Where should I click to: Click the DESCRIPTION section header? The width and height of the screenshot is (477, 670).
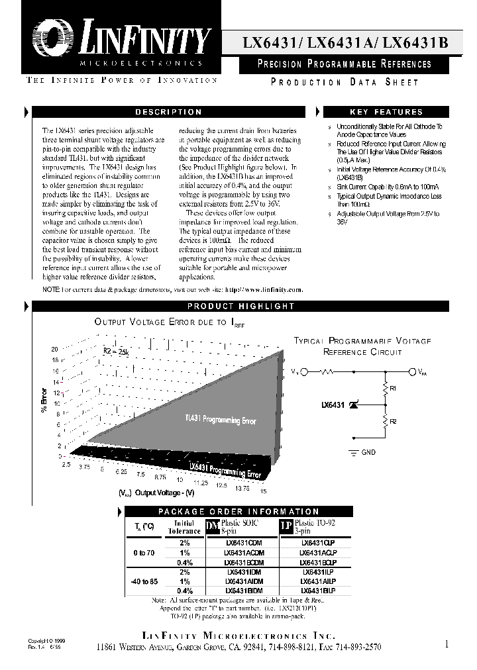[x=168, y=113]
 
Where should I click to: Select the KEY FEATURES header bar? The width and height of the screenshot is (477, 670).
[x=395, y=113]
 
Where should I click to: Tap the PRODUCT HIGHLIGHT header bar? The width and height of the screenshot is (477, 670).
[x=240, y=306]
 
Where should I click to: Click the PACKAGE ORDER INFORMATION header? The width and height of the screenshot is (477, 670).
[x=238, y=512]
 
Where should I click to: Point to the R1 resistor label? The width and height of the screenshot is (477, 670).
[x=394, y=389]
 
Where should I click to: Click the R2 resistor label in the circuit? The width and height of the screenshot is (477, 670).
[x=394, y=422]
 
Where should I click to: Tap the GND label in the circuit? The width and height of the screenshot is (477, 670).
[x=369, y=452]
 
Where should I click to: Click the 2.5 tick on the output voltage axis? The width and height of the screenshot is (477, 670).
[x=66, y=466]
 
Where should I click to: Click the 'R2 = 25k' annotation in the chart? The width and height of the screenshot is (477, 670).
[x=116, y=352]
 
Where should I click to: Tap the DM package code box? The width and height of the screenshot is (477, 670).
[x=212, y=526]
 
